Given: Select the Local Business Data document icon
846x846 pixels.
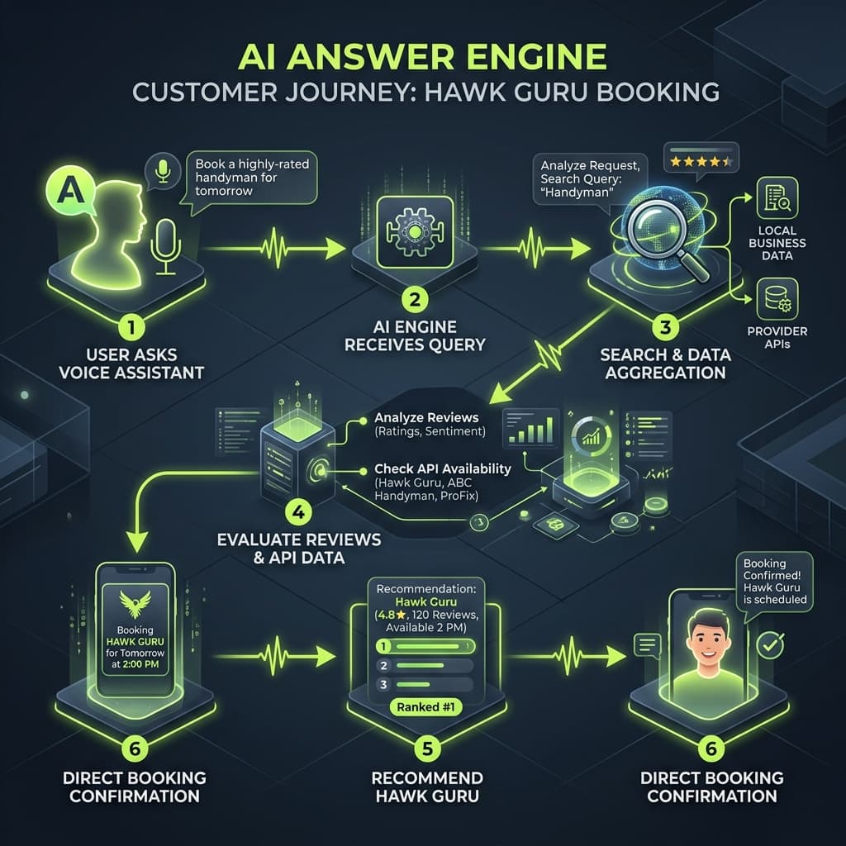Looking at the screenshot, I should [x=776, y=197].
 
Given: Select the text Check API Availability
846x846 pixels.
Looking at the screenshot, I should [x=442, y=468].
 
